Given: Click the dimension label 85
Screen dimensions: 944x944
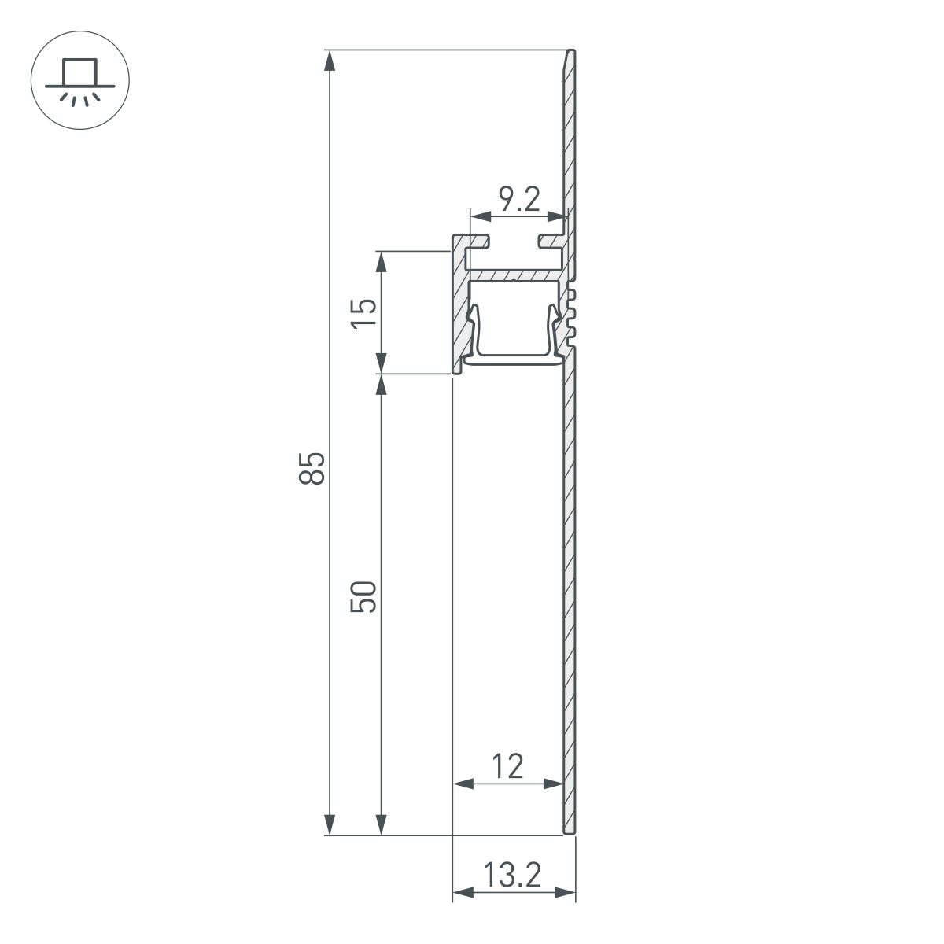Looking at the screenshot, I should tap(312, 468).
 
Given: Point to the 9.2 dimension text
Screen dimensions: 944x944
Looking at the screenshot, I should tap(519, 201).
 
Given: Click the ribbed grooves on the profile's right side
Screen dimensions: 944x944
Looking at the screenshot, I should tap(572, 315).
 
